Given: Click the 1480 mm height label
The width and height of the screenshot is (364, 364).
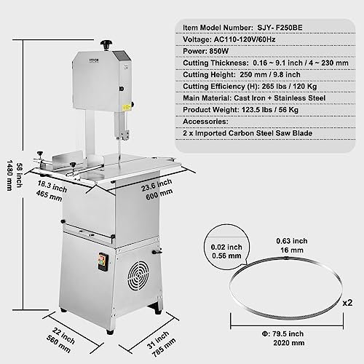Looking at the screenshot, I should pos(10,175).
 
